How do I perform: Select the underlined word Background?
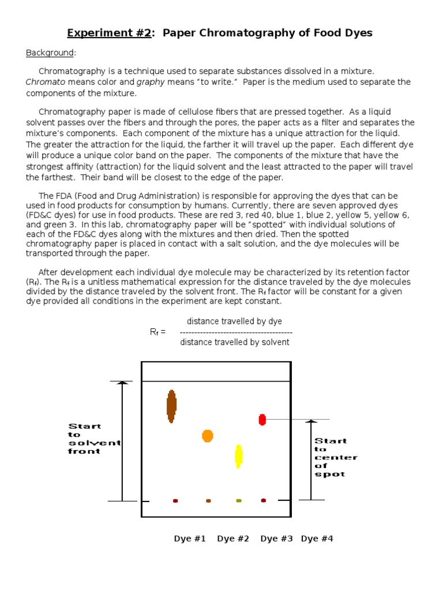(x=50, y=53)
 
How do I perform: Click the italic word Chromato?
(x=45, y=82)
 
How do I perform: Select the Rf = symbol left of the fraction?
(x=157, y=332)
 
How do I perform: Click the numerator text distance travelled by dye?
(x=234, y=321)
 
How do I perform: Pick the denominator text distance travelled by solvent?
(x=235, y=342)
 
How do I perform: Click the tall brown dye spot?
(x=171, y=406)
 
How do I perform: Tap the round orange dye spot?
(x=208, y=436)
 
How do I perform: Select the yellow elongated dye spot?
(x=238, y=456)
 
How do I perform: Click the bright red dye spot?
(x=262, y=420)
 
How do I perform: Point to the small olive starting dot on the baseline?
(x=239, y=500)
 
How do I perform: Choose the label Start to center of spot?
(x=335, y=457)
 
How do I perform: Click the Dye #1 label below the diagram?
(x=190, y=538)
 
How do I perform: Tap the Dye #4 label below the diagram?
(x=317, y=538)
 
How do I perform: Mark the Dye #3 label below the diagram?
(x=276, y=538)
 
